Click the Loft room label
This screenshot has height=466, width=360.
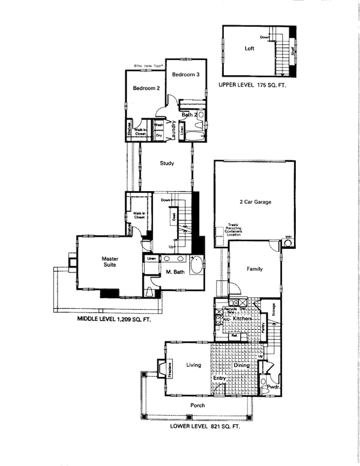pyautogui.click(x=249, y=49)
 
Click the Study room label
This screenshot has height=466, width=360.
pyautogui.click(x=167, y=163)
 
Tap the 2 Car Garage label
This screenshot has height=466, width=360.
pyautogui.click(x=255, y=202)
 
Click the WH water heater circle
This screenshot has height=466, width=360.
pyautogui.click(x=287, y=242)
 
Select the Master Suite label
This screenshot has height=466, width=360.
pyautogui.click(x=110, y=262)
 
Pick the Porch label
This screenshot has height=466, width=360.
pyautogui.click(x=197, y=406)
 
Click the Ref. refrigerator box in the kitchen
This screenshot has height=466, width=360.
pyautogui.click(x=234, y=335)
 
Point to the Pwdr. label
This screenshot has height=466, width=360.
pyautogui.click(x=272, y=388)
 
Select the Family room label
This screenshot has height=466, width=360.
pyautogui.click(x=254, y=269)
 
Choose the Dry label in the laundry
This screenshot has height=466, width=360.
pyautogui.click(x=158, y=135)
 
